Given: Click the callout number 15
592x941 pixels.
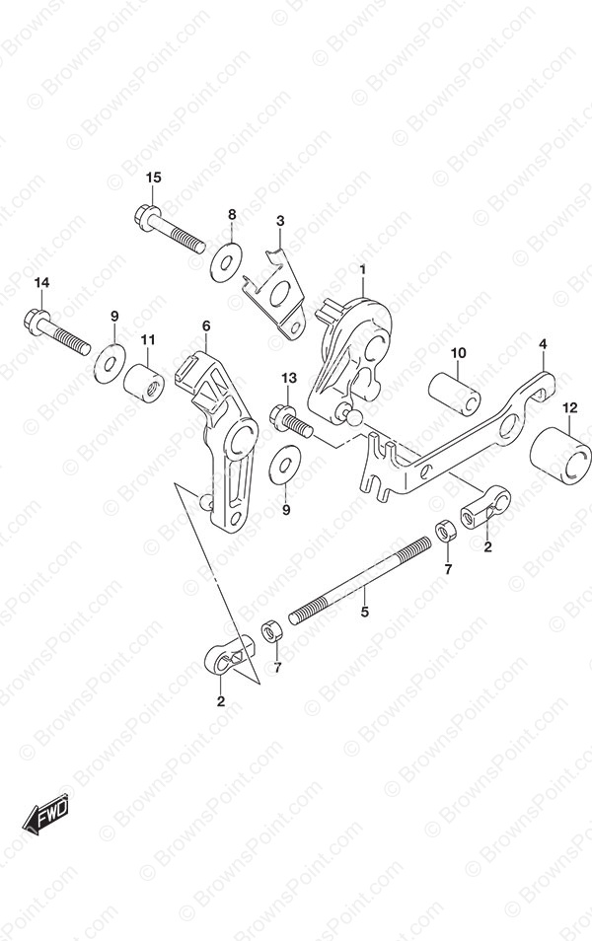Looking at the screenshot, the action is pyautogui.click(x=153, y=178).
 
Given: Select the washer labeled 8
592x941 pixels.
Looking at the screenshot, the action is pyautogui.click(x=226, y=261).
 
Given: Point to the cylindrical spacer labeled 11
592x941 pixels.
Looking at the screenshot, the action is pyautogui.click(x=144, y=384).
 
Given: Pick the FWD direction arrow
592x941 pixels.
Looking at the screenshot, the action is pyautogui.click(x=46, y=816).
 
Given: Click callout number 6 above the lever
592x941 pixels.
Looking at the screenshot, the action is pyautogui.click(x=206, y=326).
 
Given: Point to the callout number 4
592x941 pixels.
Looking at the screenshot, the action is pyautogui.click(x=543, y=344).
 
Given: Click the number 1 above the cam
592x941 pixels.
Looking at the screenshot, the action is pyautogui.click(x=363, y=270).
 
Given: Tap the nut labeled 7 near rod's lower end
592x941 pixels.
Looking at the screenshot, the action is pyautogui.click(x=270, y=633).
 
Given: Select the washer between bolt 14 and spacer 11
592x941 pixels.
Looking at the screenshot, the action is pyautogui.click(x=110, y=363).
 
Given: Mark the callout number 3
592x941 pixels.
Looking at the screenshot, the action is pyautogui.click(x=280, y=221).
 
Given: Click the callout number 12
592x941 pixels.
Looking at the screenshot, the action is pyautogui.click(x=569, y=408).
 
